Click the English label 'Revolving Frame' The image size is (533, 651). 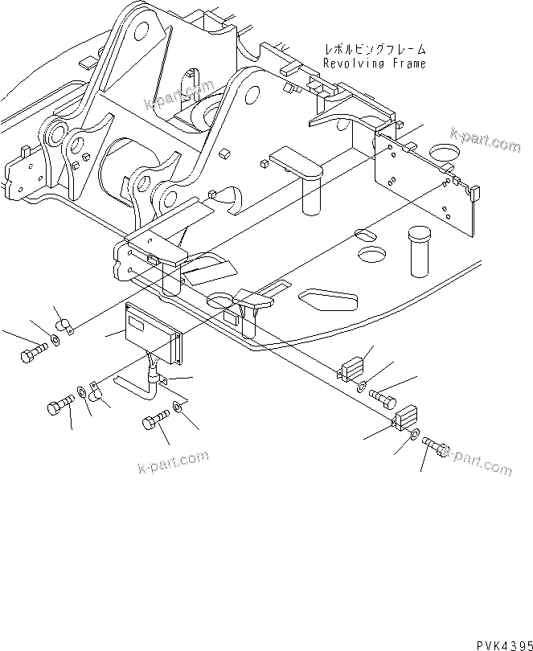374,63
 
